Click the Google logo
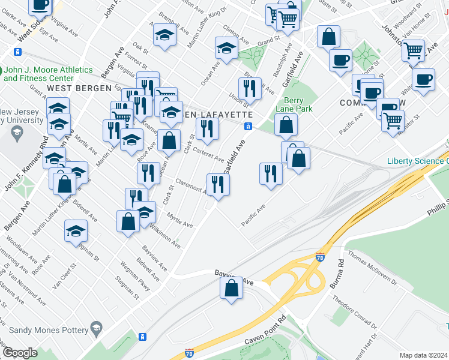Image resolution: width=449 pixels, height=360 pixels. pyautogui.click(x=20, y=353)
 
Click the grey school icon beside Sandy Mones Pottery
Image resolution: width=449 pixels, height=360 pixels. pyautogui.click(x=96, y=328)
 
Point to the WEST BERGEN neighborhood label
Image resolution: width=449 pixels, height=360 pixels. pyautogui.click(x=72, y=88)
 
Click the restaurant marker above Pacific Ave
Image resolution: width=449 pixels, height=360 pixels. pyautogui.click(x=271, y=174)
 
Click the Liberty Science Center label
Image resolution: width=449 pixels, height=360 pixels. pyautogui.click(x=417, y=161)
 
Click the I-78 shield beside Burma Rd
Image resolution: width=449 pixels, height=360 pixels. pyautogui.click(x=321, y=257)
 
